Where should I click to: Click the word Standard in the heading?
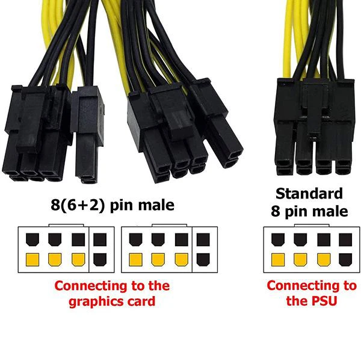[x=309, y=194]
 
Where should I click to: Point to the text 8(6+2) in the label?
[x=78, y=205]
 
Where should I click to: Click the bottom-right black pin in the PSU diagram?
[x=345, y=260]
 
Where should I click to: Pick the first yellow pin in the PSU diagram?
[x=277, y=260]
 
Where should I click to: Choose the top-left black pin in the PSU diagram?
[x=277, y=239]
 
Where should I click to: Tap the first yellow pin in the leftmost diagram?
[x=32, y=260]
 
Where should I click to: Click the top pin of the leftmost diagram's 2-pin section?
[x=100, y=239]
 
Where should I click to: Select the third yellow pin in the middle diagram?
[x=182, y=260]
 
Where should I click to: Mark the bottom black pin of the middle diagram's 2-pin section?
[x=203, y=260]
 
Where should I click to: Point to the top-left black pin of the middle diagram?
[x=135, y=239]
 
